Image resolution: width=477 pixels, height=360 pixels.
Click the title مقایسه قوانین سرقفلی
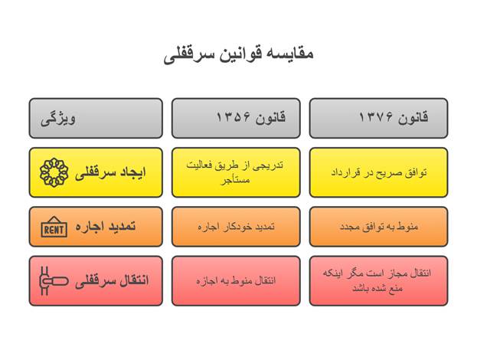(x=238, y=54)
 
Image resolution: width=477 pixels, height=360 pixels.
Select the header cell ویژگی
(x=96, y=118)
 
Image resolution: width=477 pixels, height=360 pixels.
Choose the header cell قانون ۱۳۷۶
(x=378, y=118)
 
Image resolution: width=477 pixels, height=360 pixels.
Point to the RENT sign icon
(x=54, y=227)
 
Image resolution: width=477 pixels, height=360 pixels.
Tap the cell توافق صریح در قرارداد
(x=378, y=172)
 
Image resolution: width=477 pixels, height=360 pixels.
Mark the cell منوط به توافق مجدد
(x=378, y=227)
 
